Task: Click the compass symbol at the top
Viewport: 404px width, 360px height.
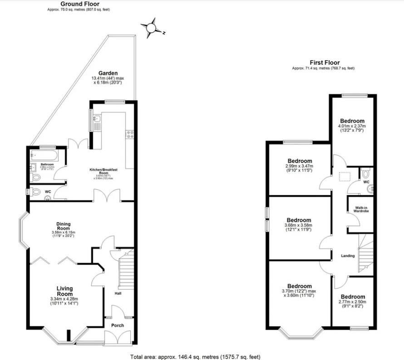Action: tap(151, 29)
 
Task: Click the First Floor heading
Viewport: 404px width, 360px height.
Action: tap(325, 63)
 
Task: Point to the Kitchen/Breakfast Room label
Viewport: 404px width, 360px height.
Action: tap(103, 171)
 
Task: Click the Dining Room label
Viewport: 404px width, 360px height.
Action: tap(63, 225)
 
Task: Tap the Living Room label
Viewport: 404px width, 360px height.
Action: tap(65, 291)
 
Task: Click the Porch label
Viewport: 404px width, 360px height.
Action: tap(118, 326)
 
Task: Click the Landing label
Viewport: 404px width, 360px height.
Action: tap(348, 256)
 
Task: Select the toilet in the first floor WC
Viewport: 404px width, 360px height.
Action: tap(366, 173)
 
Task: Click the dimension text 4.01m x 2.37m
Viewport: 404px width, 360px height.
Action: tap(352, 126)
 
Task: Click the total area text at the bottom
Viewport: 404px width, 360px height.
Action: tap(195, 357)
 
